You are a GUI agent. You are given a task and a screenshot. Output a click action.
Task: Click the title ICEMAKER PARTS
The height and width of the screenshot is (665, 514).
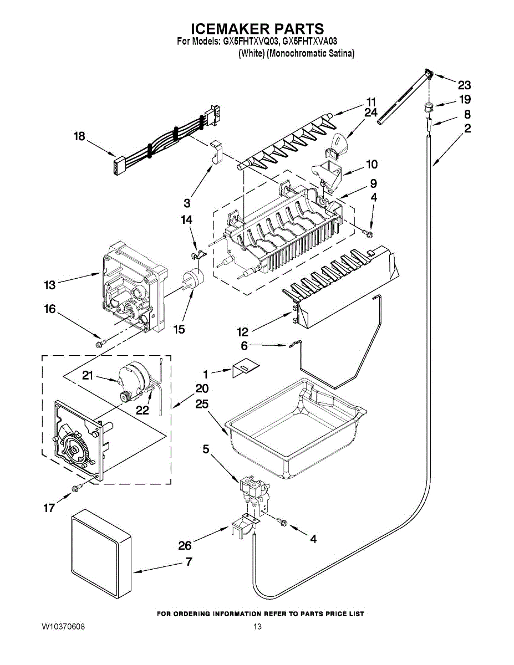pos(257,29)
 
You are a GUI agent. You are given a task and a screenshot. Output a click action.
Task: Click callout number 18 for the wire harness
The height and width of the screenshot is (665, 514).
pos(80,136)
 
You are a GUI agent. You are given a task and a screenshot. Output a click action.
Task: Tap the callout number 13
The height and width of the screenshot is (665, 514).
pos(50,285)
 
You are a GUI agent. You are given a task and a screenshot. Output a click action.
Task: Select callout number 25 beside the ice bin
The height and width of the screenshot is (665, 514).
pos(201,405)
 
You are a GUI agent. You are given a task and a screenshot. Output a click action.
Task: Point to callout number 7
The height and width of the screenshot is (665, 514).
pos(189,561)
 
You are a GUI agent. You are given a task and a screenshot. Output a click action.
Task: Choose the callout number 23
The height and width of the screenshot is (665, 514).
pos(464,85)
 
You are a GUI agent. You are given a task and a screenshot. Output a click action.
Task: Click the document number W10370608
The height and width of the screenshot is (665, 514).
pos(63,627)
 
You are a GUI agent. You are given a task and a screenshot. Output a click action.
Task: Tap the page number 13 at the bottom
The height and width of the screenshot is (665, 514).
pos(257,627)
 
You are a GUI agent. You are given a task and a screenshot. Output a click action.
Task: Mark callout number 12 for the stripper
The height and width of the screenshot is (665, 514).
pos(242,332)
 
